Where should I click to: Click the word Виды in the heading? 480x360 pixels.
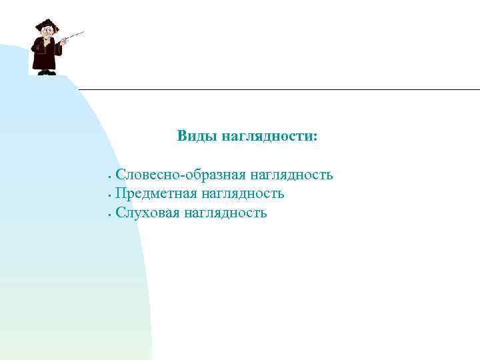(193, 137)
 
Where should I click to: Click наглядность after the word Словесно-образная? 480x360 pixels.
(292, 175)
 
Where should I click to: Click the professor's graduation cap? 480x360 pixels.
(46, 25)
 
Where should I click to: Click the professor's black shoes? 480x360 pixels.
(47, 72)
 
